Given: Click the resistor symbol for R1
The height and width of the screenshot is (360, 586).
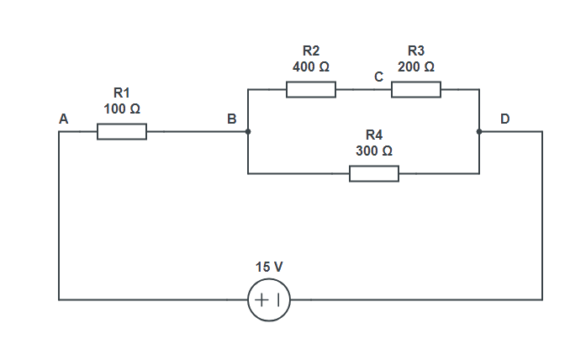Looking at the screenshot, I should click(x=122, y=132).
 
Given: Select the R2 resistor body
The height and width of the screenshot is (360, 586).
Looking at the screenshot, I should click(x=311, y=89).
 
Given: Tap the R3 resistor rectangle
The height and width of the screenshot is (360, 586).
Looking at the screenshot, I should click(x=416, y=89).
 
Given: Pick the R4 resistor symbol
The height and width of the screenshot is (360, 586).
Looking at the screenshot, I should click(x=374, y=174).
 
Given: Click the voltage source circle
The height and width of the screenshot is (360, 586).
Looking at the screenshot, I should click(x=269, y=299).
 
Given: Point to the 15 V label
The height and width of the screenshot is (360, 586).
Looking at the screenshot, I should click(x=269, y=267).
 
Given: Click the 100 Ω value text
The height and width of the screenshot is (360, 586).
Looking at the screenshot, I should click(x=122, y=109).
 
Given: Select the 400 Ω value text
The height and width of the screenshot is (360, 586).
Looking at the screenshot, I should click(x=311, y=66).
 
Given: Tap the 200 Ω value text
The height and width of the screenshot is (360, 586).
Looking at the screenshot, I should click(x=416, y=66).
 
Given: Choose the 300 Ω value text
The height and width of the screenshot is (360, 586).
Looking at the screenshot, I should click(x=374, y=151).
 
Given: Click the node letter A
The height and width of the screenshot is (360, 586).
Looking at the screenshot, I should click(x=63, y=119).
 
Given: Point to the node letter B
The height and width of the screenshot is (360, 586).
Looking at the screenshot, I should click(x=231, y=119).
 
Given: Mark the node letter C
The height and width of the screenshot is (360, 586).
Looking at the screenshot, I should click(x=379, y=77).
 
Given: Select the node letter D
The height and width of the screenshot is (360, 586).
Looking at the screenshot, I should click(x=504, y=119).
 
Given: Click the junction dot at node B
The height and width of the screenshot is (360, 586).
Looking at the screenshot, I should click(x=248, y=132).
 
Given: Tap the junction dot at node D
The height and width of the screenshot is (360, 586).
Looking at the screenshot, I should click(x=479, y=132).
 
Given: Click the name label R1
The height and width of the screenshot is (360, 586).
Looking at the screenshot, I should click(x=122, y=93).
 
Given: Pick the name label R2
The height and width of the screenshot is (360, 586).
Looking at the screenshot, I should click(x=311, y=51).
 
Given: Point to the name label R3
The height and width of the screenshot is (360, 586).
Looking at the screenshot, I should click(x=416, y=51).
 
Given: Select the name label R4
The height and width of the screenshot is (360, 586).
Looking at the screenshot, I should click(x=374, y=135).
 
